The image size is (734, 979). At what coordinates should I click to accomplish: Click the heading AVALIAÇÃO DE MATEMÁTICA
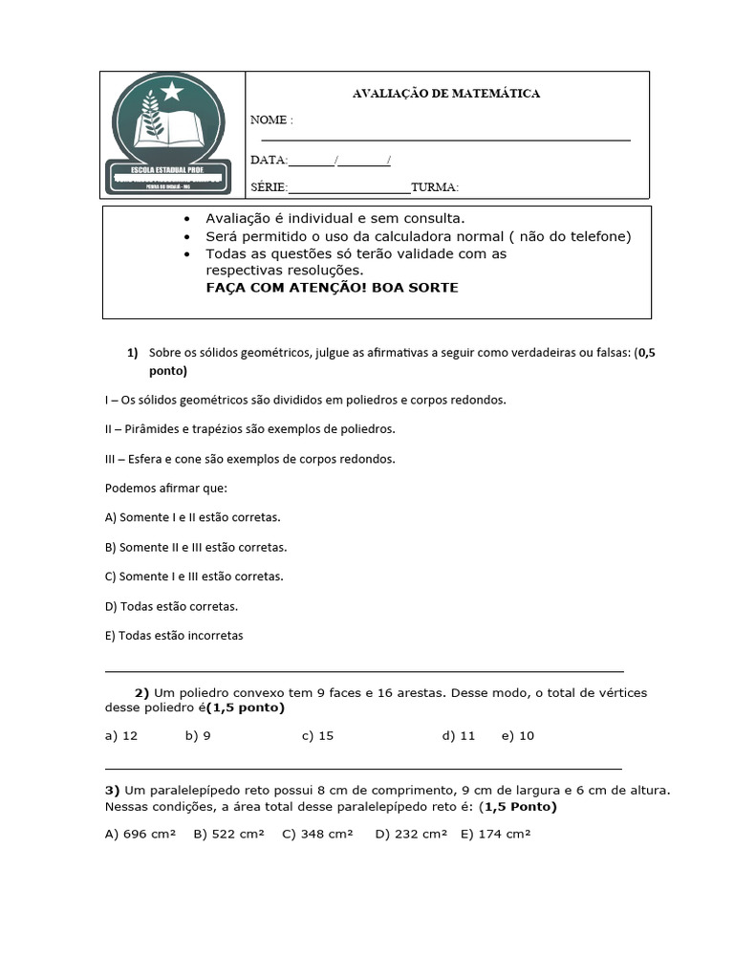(446, 94)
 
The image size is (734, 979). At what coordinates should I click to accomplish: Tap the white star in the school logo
(172, 91)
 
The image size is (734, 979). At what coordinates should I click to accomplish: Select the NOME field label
(271, 120)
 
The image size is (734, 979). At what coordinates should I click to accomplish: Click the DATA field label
(269, 160)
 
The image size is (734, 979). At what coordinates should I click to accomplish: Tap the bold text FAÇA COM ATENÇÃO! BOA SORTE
(332, 288)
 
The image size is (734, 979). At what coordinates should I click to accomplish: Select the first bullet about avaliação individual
(335, 219)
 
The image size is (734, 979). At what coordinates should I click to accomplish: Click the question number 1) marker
(133, 352)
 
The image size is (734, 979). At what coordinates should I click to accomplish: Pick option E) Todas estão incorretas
(174, 636)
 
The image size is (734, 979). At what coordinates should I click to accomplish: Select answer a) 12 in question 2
(121, 736)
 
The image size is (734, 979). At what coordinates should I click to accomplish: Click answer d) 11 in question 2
(459, 736)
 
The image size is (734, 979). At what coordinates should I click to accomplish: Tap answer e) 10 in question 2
(517, 736)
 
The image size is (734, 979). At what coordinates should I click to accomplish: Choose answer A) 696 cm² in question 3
(140, 834)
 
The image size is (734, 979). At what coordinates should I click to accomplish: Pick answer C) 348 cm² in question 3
(317, 834)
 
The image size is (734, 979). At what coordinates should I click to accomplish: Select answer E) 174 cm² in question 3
(495, 834)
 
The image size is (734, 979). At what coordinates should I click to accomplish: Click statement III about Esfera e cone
(249, 459)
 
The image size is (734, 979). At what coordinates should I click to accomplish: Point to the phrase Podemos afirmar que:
(165, 489)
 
